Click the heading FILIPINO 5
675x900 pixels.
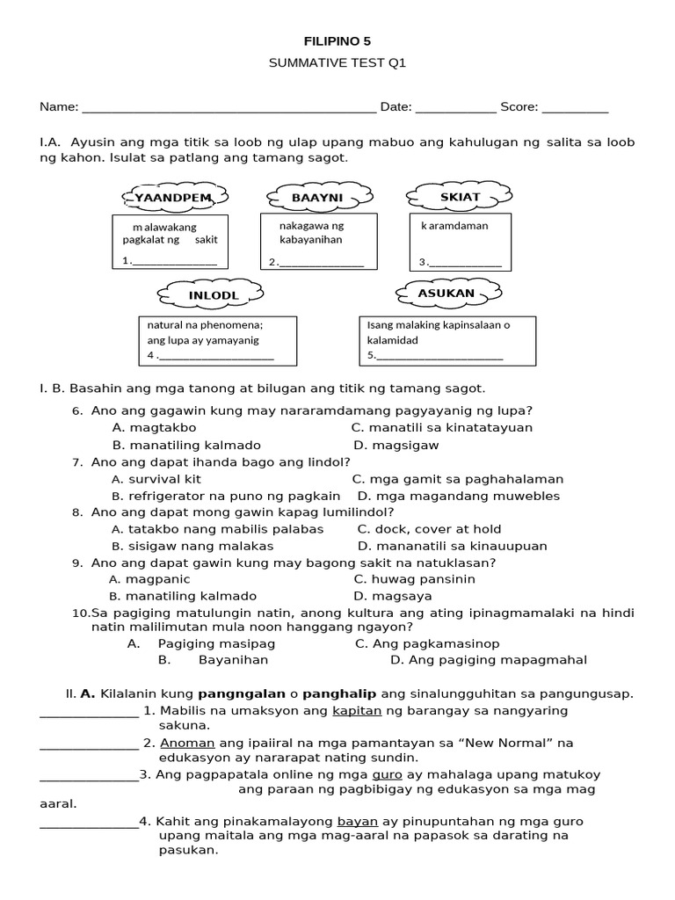[337, 41]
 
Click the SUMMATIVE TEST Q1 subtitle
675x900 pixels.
[337, 64]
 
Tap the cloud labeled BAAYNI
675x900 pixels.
[317, 198]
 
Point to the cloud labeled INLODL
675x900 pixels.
[213, 294]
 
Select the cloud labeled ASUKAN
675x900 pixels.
[447, 293]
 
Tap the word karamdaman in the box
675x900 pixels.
[454, 226]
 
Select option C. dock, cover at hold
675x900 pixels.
[429, 529]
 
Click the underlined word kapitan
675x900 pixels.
[352, 710]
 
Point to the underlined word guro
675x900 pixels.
[388, 774]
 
